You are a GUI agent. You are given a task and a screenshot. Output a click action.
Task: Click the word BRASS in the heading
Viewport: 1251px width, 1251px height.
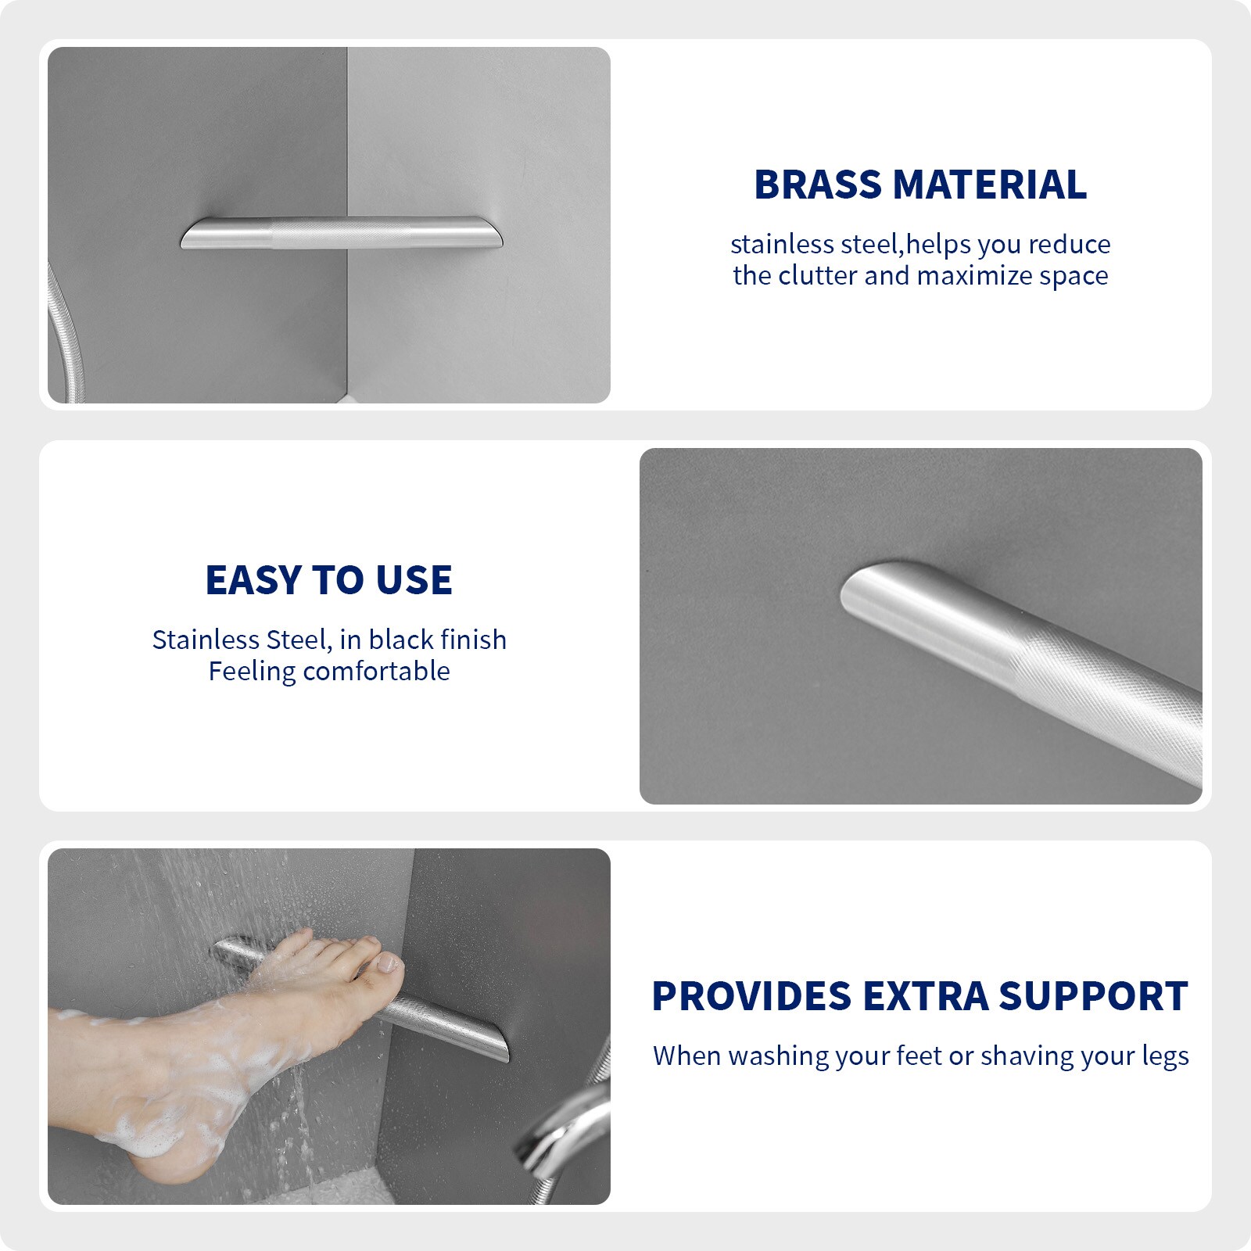coord(818,185)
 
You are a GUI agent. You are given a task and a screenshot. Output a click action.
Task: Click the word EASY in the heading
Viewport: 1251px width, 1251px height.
coord(253,580)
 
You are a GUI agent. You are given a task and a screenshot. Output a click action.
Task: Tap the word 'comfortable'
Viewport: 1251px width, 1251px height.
coord(376,671)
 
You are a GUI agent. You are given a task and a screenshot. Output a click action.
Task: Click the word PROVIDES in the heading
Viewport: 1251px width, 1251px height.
coord(751,996)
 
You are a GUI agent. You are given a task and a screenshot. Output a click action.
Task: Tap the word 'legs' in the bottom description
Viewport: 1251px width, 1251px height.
coord(1165,1056)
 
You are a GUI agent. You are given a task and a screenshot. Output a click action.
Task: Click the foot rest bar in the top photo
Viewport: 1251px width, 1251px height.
coord(342,233)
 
